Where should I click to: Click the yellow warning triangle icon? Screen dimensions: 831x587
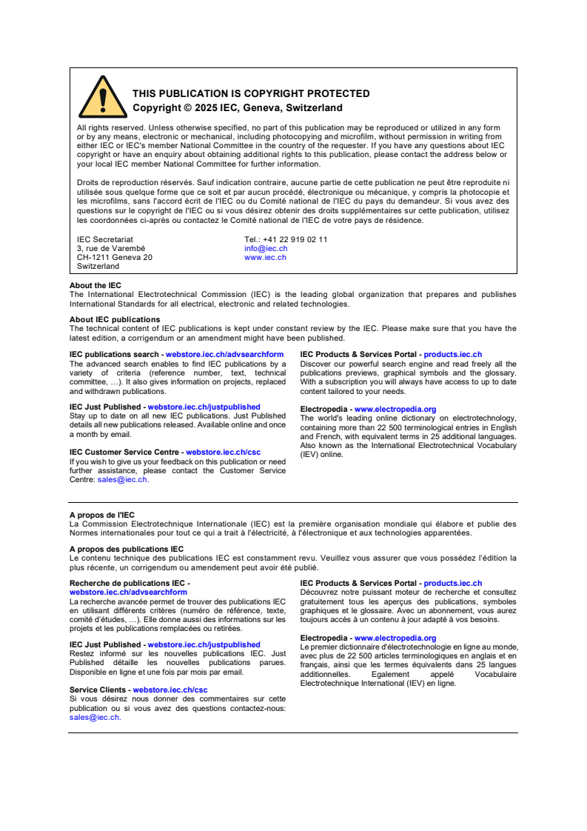[x=103, y=97]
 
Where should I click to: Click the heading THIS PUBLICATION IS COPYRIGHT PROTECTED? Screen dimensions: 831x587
[x=251, y=93]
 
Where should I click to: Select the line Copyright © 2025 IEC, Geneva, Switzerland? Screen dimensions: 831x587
[x=237, y=108]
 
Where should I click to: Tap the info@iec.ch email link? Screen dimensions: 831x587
[x=266, y=249]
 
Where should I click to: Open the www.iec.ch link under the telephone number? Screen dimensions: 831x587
[x=265, y=258]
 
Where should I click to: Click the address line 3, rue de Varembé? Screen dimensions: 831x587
[x=111, y=249]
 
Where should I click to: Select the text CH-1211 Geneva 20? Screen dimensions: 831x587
[x=115, y=258]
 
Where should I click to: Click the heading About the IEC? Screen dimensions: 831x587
[x=95, y=286]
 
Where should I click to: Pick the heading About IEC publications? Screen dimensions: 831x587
[x=115, y=320]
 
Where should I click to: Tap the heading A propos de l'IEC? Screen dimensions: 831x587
[x=102, y=515]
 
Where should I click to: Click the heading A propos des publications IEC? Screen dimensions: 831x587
[x=127, y=549]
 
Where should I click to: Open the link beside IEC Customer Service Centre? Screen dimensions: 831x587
[x=223, y=453]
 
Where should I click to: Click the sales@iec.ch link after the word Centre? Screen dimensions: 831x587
[x=122, y=480]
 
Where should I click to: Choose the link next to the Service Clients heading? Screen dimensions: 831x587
[x=170, y=690]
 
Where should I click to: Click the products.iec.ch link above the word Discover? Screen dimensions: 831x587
[x=452, y=355]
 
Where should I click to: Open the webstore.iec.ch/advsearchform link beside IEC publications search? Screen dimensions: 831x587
[x=224, y=355]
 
